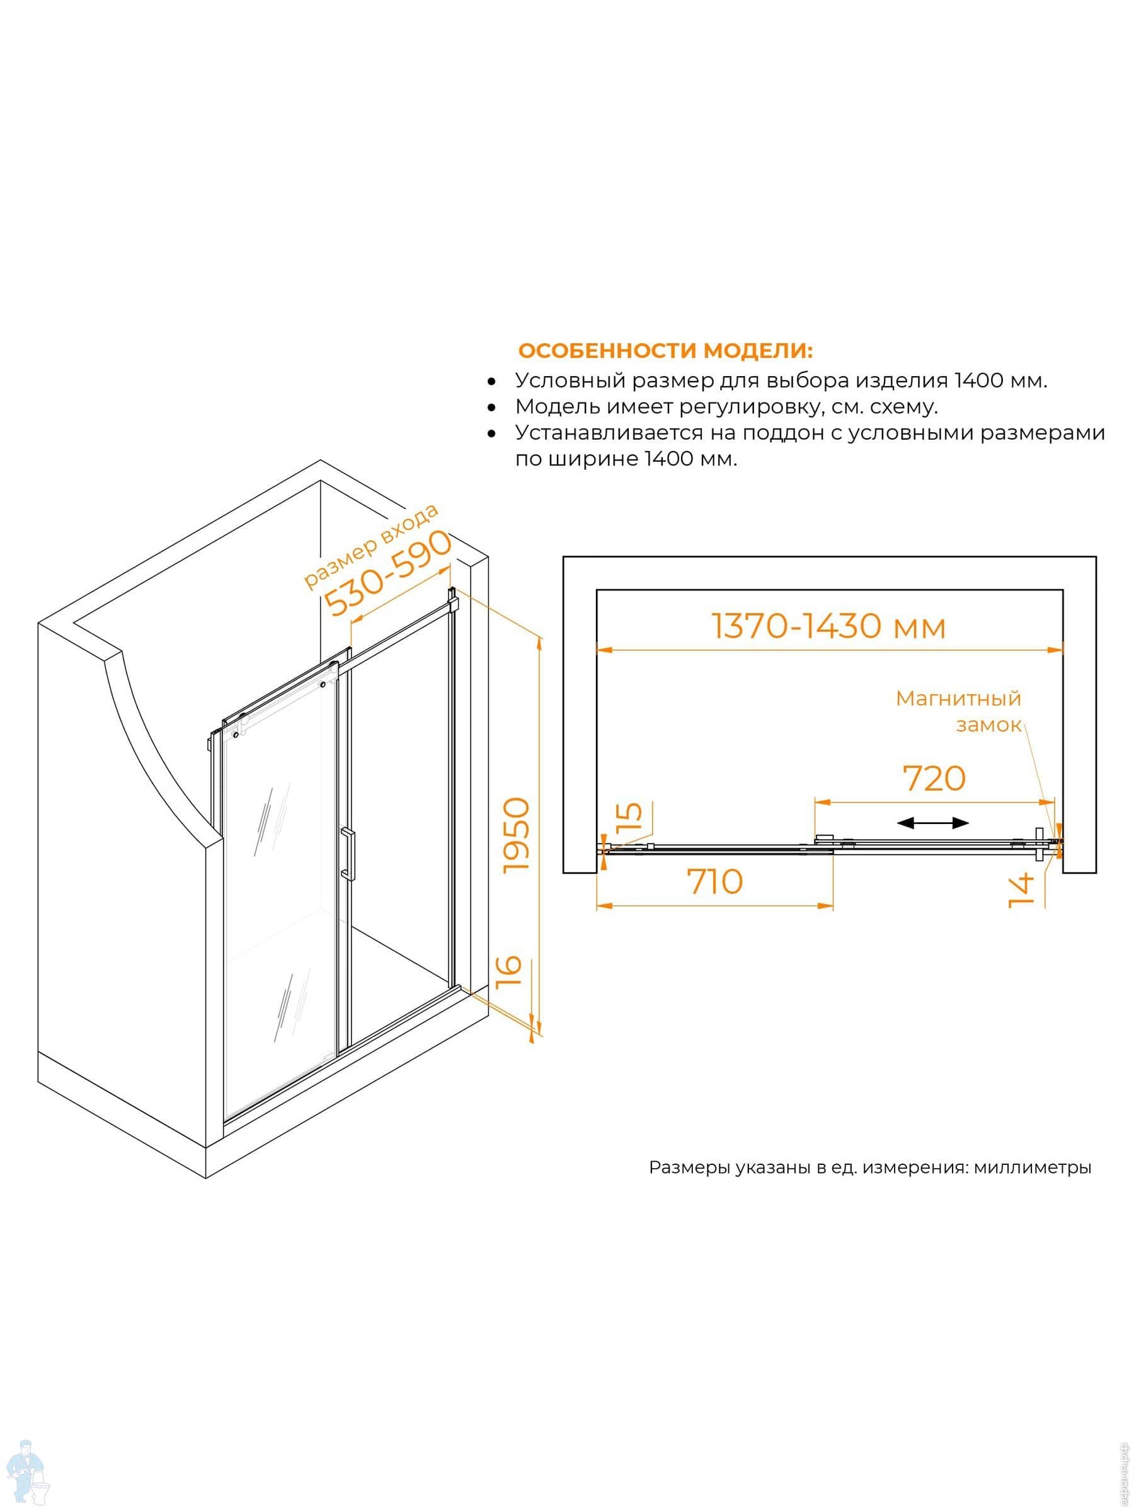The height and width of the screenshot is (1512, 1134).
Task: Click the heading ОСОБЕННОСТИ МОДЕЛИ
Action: click(x=665, y=351)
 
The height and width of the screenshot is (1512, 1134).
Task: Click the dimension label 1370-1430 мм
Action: click(x=828, y=626)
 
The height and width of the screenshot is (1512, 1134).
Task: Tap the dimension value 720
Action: click(x=934, y=778)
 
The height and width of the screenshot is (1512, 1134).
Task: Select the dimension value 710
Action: click(x=715, y=882)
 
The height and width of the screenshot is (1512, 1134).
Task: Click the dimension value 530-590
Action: click(x=387, y=572)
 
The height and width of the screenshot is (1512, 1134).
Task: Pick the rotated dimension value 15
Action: click(x=629, y=815)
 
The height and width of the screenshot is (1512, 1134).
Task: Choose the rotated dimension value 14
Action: click(x=1021, y=891)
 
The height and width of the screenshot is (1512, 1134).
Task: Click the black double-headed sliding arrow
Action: click(x=933, y=823)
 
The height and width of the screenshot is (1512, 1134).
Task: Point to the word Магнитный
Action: click(x=958, y=699)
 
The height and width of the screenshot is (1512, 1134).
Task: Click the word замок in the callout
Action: click(x=988, y=725)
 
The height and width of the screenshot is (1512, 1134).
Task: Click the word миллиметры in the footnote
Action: click(x=1032, y=1167)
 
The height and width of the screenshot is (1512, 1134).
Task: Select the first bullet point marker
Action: click(x=491, y=381)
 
